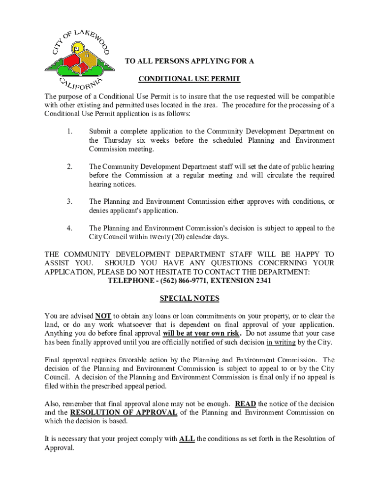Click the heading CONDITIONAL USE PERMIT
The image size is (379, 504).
tap(189, 79)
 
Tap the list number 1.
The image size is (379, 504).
tap(70, 131)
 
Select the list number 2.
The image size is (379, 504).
tap(70, 166)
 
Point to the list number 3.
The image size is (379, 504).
tap(70, 202)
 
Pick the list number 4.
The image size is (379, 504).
tap(70, 228)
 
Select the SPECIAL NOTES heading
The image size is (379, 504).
tap(189, 299)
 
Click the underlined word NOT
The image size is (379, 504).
tap(103, 316)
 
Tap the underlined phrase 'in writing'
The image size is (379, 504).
tap(282, 343)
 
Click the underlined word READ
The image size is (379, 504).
tap(245, 404)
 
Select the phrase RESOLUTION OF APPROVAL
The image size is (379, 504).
tap(124, 413)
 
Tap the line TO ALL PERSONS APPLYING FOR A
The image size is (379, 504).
tap(189, 62)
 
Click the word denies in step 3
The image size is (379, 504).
tap(99, 211)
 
